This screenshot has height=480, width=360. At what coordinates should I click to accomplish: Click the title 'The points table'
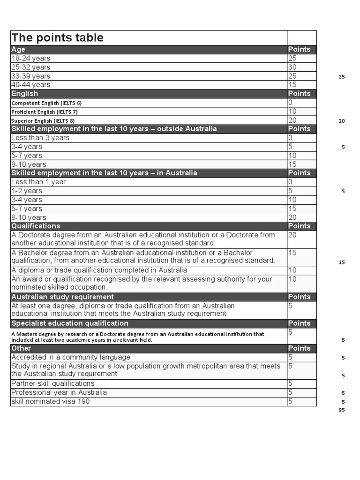[x=58, y=38]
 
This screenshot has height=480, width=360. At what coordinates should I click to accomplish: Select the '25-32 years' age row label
[x=31, y=67]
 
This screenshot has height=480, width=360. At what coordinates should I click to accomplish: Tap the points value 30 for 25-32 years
[x=293, y=67]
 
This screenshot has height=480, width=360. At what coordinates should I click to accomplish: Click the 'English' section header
[x=25, y=93]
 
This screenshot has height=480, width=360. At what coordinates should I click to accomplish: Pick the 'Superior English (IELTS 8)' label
[x=43, y=120]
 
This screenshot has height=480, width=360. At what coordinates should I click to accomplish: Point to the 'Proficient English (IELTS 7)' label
[x=45, y=112]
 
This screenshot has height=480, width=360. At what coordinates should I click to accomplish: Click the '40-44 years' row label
[x=31, y=85]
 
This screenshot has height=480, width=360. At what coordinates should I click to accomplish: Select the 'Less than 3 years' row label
[x=40, y=138]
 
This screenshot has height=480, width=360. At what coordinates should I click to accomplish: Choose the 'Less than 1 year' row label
[x=38, y=182]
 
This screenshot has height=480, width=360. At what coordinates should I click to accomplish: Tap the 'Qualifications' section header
[x=36, y=226]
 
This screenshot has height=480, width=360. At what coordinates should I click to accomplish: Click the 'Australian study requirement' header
[x=62, y=297]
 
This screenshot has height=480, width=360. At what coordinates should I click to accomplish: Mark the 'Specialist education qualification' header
[x=70, y=323]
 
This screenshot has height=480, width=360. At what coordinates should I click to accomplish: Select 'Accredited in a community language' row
[x=71, y=357]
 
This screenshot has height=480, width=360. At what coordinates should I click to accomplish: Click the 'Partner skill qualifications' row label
[x=53, y=383]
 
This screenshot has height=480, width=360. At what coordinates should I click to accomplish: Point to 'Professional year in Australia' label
[x=59, y=392]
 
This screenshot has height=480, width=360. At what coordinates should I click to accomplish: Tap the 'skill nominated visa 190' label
[x=51, y=401]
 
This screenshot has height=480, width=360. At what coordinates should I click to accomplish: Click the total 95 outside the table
[x=342, y=411]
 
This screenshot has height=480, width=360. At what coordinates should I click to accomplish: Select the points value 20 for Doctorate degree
[x=293, y=235]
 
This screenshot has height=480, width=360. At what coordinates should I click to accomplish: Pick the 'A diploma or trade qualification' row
[x=99, y=270]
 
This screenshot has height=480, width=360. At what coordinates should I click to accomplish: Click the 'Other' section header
[x=21, y=348]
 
